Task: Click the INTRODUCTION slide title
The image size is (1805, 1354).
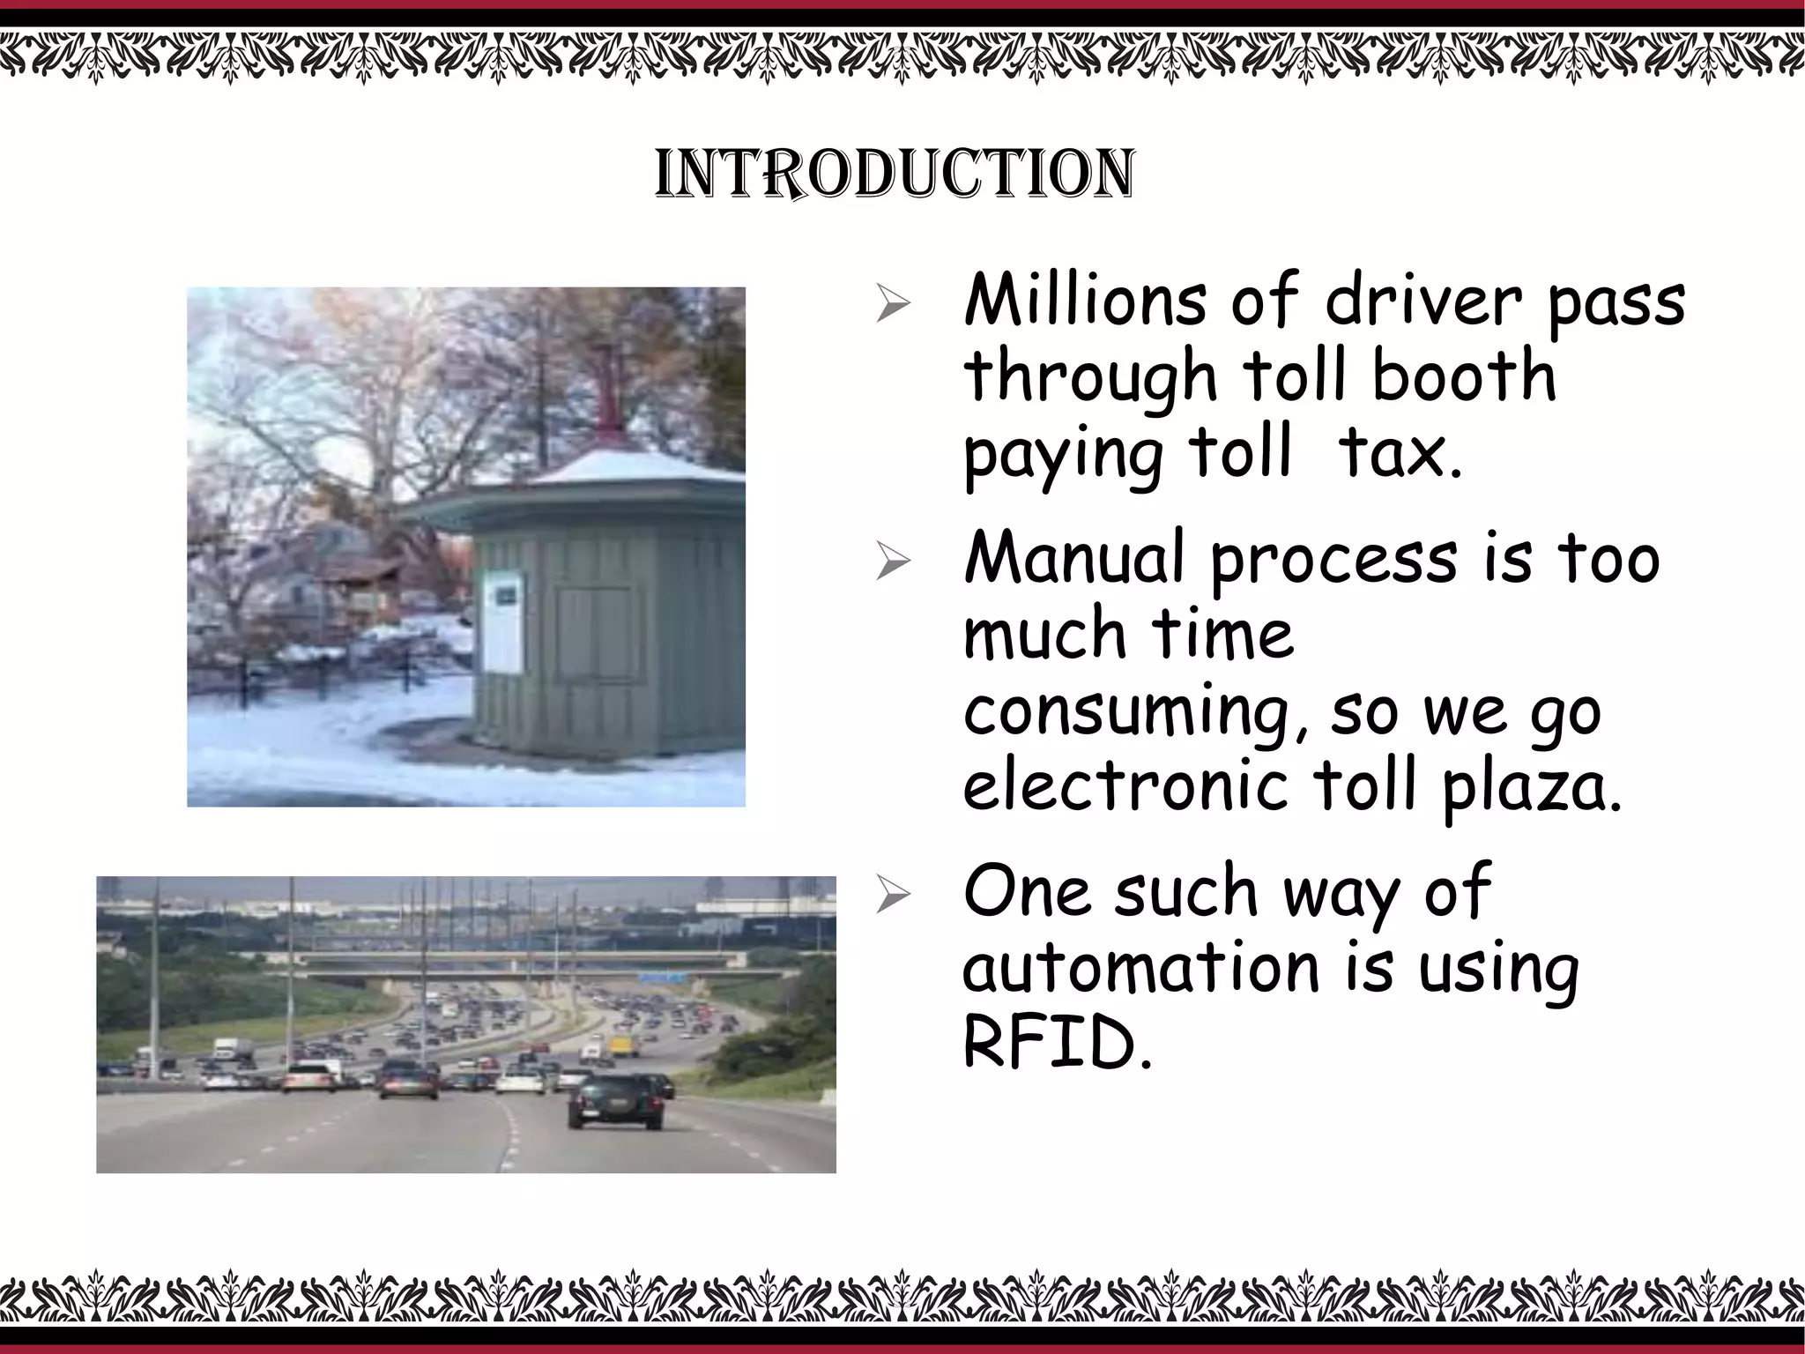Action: (895, 174)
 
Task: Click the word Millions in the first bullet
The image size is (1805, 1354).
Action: (1084, 301)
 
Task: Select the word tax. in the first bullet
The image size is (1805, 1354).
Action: (1400, 453)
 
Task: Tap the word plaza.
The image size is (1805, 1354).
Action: (1532, 788)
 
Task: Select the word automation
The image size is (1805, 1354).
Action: (1141, 968)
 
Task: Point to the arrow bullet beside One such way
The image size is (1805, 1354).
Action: (892, 896)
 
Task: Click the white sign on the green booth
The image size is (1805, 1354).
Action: (502, 621)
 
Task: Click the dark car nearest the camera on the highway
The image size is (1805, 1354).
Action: (615, 1101)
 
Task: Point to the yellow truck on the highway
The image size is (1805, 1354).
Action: (623, 1045)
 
